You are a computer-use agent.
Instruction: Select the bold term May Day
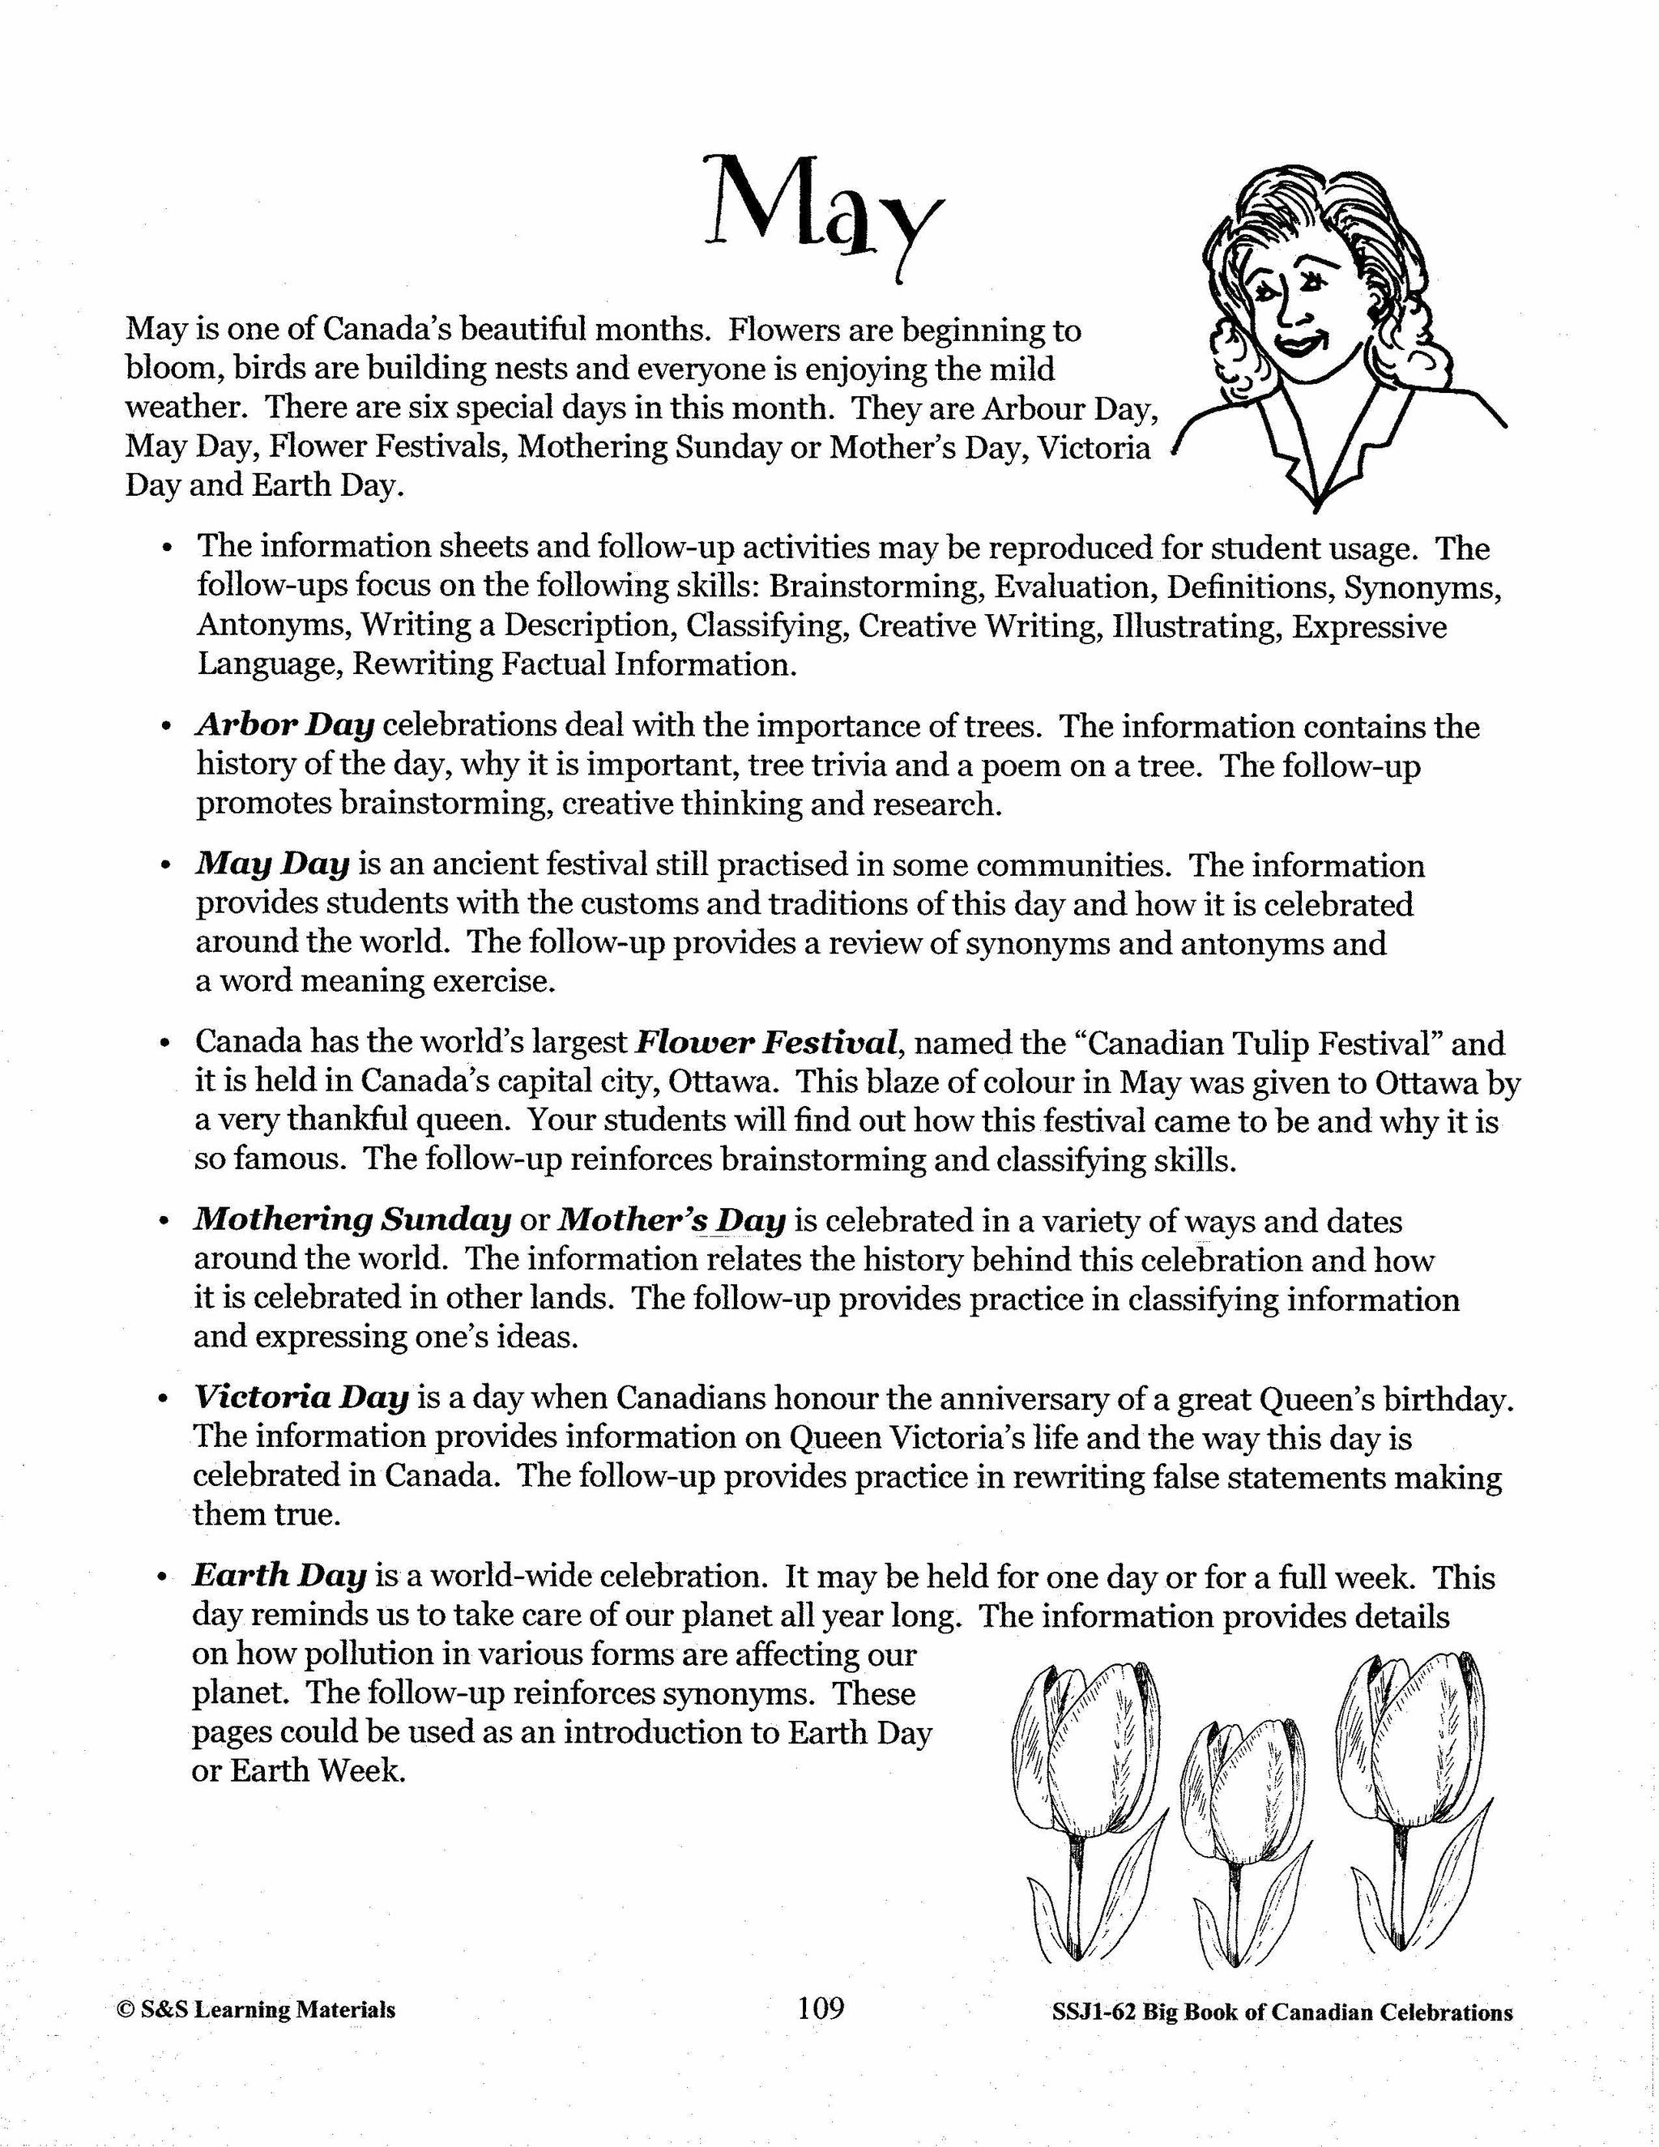[272, 864]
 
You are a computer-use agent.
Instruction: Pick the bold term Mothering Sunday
[352, 1220]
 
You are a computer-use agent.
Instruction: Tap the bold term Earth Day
[279, 1575]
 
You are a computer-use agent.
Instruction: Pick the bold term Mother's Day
[672, 1220]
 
